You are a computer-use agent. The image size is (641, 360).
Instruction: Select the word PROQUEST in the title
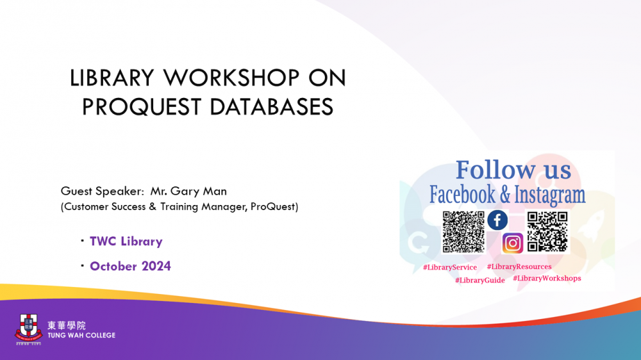(x=142, y=107)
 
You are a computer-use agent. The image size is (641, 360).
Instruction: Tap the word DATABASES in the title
(x=272, y=107)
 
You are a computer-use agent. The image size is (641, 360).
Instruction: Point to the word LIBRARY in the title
(x=112, y=78)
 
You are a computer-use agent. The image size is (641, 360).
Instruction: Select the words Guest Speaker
(x=102, y=192)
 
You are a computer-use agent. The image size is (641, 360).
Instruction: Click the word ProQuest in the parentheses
(x=272, y=207)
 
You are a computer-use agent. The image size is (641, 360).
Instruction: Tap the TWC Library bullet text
(x=126, y=241)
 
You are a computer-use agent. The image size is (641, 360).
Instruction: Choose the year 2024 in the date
(x=156, y=266)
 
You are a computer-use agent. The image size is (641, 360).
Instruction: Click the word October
(x=113, y=266)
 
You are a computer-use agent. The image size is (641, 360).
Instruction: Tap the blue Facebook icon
(x=497, y=220)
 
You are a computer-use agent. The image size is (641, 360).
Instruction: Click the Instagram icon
(x=513, y=243)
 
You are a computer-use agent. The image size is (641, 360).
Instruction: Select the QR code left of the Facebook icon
(x=463, y=232)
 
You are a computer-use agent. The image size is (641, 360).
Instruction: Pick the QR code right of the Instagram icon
(x=547, y=232)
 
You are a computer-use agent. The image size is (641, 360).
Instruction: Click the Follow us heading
(x=513, y=170)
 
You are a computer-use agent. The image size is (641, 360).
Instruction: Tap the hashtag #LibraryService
(x=450, y=267)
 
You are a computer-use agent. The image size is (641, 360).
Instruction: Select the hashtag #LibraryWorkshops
(x=547, y=278)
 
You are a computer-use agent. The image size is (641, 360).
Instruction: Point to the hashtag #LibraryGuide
(x=480, y=281)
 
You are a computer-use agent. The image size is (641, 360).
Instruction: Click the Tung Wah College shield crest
(x=29, y=327)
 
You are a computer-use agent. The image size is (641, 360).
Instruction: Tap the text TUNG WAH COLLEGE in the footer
(x=81, y=336)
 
